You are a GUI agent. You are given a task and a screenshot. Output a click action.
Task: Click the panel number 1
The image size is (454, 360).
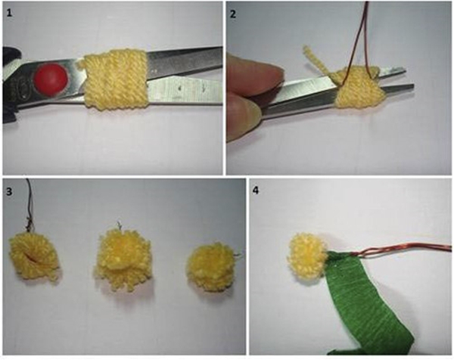(9, 13)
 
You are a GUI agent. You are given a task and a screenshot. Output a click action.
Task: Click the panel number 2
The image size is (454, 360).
(233, 14)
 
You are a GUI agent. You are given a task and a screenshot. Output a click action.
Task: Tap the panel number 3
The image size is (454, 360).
(9, 191)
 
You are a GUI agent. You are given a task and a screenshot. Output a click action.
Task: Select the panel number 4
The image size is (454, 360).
(256, 191)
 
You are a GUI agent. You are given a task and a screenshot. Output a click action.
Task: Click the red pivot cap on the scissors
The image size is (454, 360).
(51, 79)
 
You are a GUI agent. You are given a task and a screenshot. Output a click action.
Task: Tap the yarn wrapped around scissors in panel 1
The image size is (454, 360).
(115, 80)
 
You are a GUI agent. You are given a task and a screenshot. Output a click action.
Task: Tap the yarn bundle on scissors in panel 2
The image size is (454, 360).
(359, 88)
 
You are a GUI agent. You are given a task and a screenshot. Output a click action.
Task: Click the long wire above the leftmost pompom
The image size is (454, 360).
(29, 203)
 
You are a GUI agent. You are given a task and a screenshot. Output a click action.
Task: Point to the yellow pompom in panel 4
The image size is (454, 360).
(307, 256)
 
